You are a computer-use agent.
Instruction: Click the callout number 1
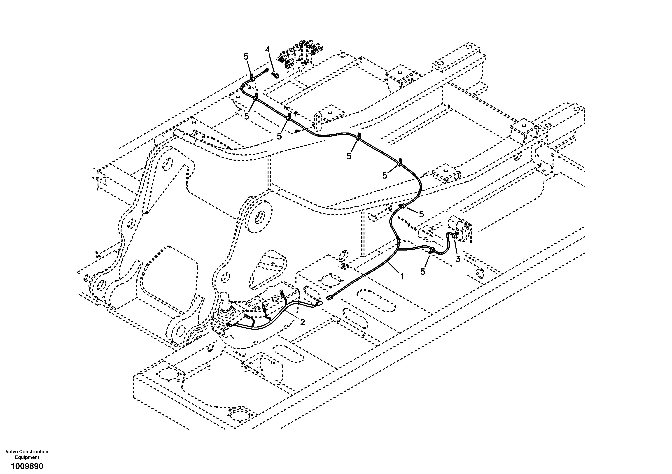click(402, 276)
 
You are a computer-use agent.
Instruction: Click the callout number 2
click(302, 322)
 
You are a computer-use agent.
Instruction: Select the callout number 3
click(458, 259)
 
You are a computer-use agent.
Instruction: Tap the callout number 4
click(268, 49)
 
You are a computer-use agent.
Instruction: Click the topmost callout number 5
click(246, 56)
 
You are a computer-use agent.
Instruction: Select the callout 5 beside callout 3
click(423, 272)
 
